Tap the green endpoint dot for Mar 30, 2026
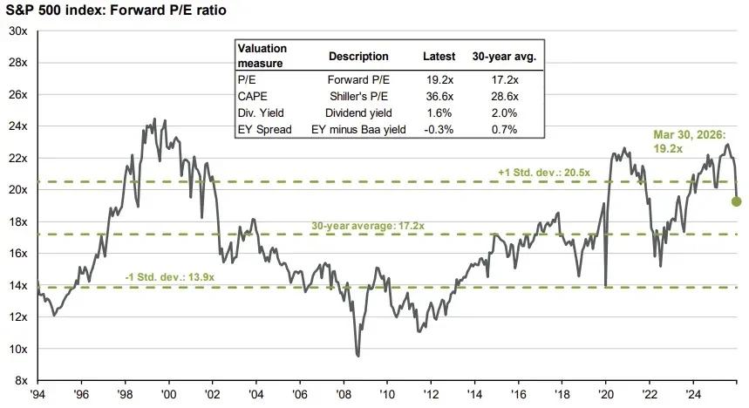click(736, 201)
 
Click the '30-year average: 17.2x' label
click(368, 226)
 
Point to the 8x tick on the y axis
click(18, 381)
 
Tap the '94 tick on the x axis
click(37, 396)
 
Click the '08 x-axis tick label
click(345, 396)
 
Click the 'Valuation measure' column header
click(262, 55)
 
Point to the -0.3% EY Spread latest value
click(439, 129)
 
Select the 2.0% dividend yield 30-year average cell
click(504, 112)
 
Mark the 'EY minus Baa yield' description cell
click(357, 129)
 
